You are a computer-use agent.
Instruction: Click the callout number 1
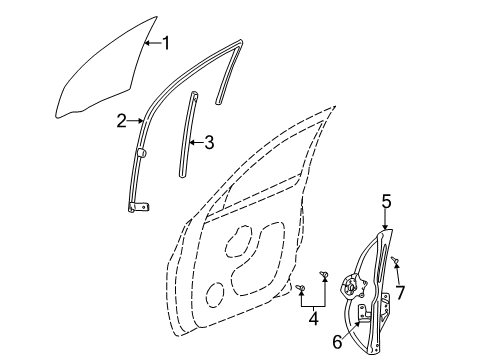click(166, 42)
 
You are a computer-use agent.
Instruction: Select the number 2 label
click(121, 121)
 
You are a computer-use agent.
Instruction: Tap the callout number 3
click(208, 142)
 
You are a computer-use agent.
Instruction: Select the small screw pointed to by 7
click(397, 263)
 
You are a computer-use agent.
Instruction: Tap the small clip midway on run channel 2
click(141, 152)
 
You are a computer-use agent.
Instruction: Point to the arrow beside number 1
click(150, 42)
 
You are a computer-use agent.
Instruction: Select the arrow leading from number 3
click(196, 142)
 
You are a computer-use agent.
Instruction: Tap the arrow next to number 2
click(136, 121)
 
